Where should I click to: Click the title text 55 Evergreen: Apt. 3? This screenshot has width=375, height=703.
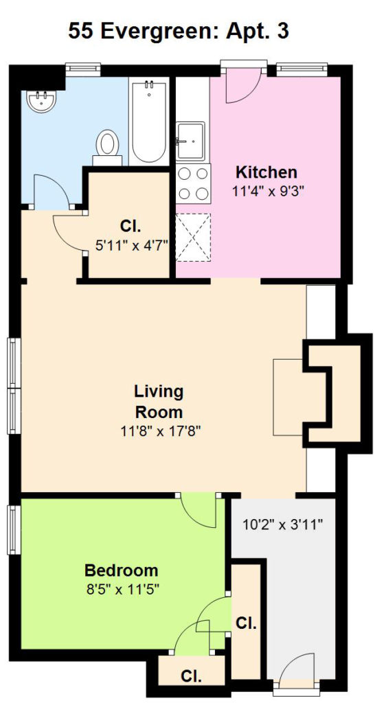coord(179,32)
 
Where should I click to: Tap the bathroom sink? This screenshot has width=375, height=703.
coord(41,101)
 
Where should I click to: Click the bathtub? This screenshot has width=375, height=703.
coord(149,121)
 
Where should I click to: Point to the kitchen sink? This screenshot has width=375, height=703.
coord(190,141)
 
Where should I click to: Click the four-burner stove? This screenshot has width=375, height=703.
coord(193,183)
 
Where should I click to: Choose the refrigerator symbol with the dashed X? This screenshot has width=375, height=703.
coord(193,237)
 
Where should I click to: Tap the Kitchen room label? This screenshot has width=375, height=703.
coord(266,172)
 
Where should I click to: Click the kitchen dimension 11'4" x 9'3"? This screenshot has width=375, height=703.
coord(269,192)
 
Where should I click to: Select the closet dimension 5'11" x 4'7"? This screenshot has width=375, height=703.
coord(131,245)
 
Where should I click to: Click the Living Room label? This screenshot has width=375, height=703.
coord(159,401)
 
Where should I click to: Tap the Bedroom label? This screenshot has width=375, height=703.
coord(121,571)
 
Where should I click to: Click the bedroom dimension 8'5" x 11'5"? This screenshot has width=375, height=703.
coord(122,588)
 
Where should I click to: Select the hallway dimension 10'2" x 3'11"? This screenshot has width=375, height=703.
coord(283,524)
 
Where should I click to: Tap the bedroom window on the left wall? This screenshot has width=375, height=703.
coord(14,530)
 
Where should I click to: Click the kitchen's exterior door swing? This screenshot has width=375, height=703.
coord(242,85)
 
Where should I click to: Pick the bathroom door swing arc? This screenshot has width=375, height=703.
coord(51,191)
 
